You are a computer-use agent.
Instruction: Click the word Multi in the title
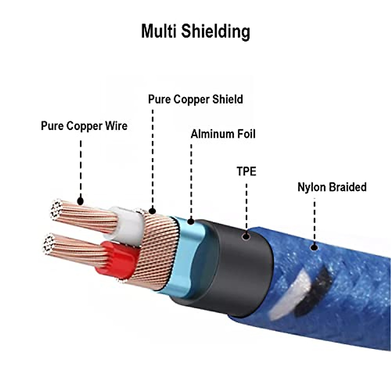(x=159, y=31)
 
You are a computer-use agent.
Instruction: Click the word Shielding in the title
(x=216, y=32)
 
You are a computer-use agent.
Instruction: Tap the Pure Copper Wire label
(x=84, y=126)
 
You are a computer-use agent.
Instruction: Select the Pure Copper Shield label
(x=195, y=99)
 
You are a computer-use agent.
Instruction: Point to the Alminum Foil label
(x=223, y=134)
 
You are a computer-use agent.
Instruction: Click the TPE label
(x=247, y=171)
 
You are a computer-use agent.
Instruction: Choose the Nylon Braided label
(x=332, y=187)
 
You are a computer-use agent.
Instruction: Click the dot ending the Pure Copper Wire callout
(x=80, y=201)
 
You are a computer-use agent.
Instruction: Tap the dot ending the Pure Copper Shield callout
(x=152, y=211)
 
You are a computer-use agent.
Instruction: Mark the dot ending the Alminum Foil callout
(x=191, y=221)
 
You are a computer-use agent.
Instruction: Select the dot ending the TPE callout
(x=246, y=236)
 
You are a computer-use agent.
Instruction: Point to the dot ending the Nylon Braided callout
(x=314, y=247)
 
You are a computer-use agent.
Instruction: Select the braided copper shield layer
(x=156, y=250)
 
